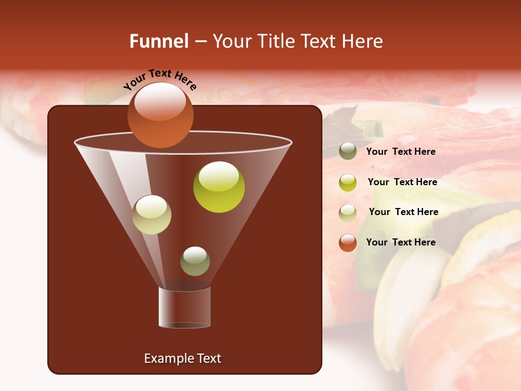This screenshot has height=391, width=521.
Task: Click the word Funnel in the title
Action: [158, 41]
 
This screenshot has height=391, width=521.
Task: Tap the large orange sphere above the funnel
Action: [160, 116]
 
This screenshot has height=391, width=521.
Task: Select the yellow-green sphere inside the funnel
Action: [219, 187]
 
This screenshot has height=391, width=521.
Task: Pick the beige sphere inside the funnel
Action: [151, 215]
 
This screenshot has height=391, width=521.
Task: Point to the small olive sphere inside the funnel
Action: [195, 261]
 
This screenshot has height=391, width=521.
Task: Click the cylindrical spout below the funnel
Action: [184, 307]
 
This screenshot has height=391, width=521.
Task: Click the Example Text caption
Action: [182, 358]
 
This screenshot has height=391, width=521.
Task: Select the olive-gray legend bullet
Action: [348, 152]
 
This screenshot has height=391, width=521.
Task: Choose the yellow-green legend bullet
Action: [348, 182]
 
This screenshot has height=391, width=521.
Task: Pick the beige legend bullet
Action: [348, 212]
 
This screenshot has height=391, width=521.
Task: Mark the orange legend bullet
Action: [348, 243]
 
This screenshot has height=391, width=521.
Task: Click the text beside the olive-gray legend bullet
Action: [401, 152]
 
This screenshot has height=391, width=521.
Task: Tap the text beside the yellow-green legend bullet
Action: [402, 182]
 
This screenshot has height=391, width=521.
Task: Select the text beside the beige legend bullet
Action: [403, 212]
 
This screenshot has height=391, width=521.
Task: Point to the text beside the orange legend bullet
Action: [401, 242]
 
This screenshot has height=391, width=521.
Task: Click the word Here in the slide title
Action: [364, 41]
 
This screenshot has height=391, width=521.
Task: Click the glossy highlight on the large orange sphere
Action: [160, 102]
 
